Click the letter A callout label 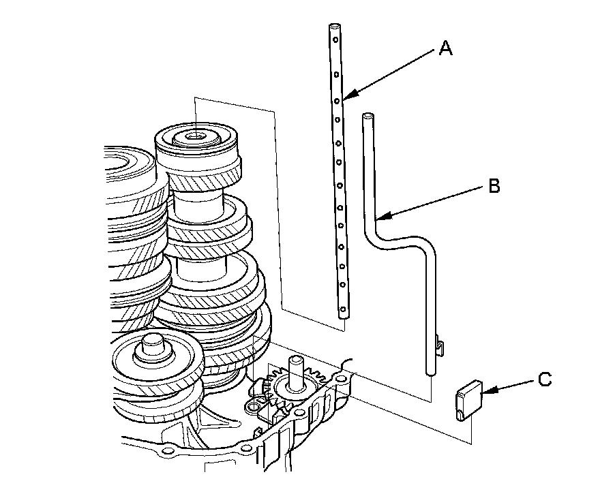[x=445, y=48]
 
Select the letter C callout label [x=544, y=379]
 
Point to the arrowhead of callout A [x=346, y=98]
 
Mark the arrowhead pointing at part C [x=483, y=390]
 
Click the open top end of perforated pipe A [x=335, y=27]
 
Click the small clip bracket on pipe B [x=440, y=346]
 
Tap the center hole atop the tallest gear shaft [x=196, y=135]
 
